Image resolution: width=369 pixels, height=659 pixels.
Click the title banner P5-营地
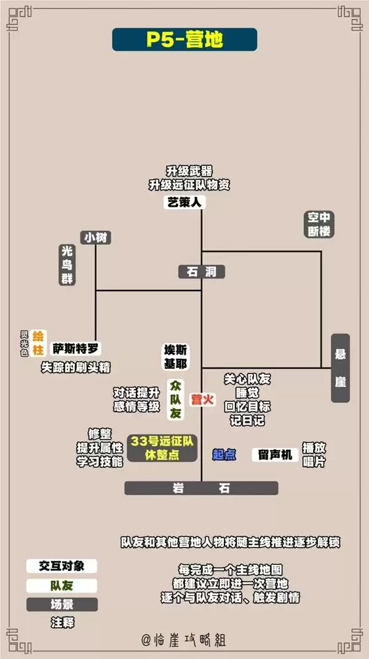184,39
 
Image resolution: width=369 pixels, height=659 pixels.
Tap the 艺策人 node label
184,202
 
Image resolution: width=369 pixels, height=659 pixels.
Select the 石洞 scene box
201,272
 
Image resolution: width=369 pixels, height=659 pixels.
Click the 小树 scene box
96,238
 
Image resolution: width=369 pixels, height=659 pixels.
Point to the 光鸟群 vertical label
67,265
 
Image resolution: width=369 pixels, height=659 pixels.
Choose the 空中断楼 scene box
319,225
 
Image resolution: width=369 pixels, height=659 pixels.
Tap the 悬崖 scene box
340,368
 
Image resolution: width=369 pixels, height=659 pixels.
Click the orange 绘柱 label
38,343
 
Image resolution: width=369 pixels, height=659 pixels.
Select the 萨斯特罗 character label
76,349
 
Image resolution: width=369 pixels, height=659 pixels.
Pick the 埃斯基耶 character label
176,357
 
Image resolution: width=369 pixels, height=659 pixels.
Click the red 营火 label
202,399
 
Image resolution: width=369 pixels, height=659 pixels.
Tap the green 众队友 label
175,399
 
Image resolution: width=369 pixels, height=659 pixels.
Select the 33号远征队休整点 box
162,448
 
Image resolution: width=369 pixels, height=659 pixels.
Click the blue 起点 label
224,454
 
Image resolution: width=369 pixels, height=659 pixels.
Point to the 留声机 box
275,455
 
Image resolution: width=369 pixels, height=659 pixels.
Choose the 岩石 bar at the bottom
201,488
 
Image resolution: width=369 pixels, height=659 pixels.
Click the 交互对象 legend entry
61,565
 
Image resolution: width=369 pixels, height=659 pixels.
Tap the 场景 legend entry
61,604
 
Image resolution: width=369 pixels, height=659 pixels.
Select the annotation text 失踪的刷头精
75,367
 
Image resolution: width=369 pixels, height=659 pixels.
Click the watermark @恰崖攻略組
184,640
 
